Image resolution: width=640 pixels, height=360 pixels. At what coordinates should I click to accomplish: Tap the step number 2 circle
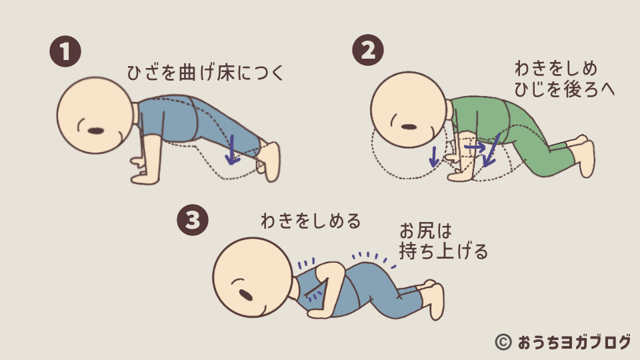pyautogui.click(x=367, y=52)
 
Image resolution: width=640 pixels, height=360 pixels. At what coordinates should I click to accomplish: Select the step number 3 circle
pyautogui.click(x=192, y=221)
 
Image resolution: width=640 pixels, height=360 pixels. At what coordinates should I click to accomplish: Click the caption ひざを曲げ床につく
pyautogui.click(x=205, y=73)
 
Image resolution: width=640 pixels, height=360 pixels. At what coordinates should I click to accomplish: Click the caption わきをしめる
pyautogui.click(x=311, y=221)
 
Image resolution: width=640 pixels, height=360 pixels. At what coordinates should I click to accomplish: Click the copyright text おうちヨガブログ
pyautogui.click(x=573, y=342)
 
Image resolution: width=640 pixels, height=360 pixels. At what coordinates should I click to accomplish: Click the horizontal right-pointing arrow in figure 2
pyautogui.click(x=475, y=145)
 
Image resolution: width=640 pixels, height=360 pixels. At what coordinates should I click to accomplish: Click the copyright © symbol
pyautogui.click(x=503, y=342)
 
